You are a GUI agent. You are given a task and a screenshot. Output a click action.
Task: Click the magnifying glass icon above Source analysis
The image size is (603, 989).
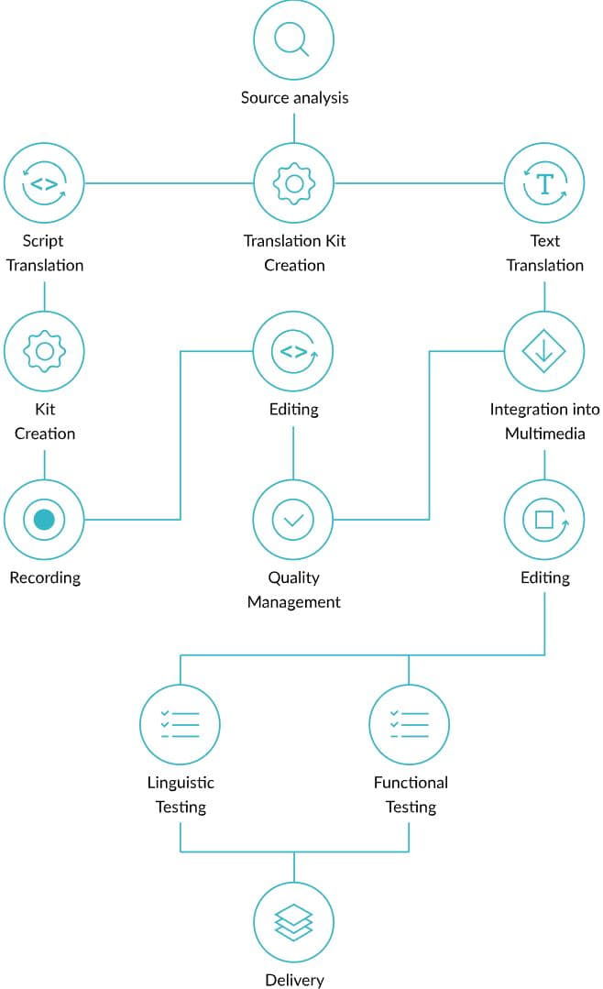click(x=293, y=39)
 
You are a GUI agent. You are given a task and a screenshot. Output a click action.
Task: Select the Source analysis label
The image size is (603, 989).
click(x=294, y=97)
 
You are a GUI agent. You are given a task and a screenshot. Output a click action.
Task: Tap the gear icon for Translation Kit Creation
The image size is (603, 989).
click(x=293, y=183)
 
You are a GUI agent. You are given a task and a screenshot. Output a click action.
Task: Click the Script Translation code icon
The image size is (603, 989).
click(x=44, y=183)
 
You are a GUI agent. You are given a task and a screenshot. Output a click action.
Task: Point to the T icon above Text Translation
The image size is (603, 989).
click(x=544, y=183)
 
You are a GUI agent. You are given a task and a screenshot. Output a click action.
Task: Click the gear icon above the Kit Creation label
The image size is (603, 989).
click(x=44, y=351)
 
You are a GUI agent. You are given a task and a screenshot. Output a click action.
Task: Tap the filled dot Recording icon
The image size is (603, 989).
click(x=44, y=520)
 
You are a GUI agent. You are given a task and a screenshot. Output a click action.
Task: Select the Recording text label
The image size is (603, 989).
click(x=45, y=577)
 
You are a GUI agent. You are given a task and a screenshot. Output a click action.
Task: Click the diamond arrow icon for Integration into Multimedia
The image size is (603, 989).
click(x=544, y=351)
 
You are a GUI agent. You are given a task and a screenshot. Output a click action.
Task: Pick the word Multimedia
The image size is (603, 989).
click(x=544, y=434)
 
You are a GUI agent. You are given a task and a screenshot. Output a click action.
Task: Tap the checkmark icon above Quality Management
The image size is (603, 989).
click(x=293, y=520)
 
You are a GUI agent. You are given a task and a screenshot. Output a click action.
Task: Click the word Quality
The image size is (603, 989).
click(x=293, y=577)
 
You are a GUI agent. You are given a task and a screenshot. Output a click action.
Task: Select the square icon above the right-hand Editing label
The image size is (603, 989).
click(x=544, y=520)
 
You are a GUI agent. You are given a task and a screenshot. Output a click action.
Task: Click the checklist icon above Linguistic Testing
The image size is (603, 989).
click(x=180, y=724)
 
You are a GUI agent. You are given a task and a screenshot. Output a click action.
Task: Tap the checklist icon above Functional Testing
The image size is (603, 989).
click(x=409, y=724)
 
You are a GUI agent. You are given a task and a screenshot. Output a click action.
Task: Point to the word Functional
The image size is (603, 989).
click(x=411, y=783)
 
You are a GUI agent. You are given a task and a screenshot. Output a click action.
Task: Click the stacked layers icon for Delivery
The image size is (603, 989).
click(x=293, y=922)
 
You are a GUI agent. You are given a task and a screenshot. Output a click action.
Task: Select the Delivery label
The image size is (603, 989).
click(x=294, y=980)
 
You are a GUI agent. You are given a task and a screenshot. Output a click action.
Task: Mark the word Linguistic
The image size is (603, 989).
click(x=181, y=783)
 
